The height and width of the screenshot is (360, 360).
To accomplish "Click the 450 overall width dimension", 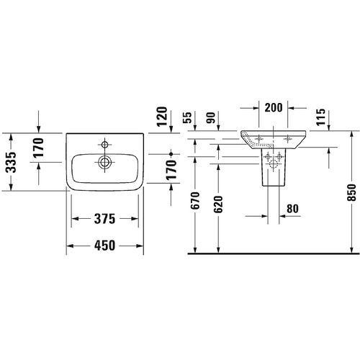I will [104, 244].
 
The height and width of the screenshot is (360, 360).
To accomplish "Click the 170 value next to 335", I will [40, 148].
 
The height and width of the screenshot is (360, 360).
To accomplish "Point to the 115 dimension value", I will [320, 117].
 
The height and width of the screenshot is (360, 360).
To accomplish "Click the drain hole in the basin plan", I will [104, 163].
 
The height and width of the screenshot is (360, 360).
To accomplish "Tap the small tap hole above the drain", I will [104, 142].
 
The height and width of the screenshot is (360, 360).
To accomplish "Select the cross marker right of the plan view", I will [171, 154].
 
